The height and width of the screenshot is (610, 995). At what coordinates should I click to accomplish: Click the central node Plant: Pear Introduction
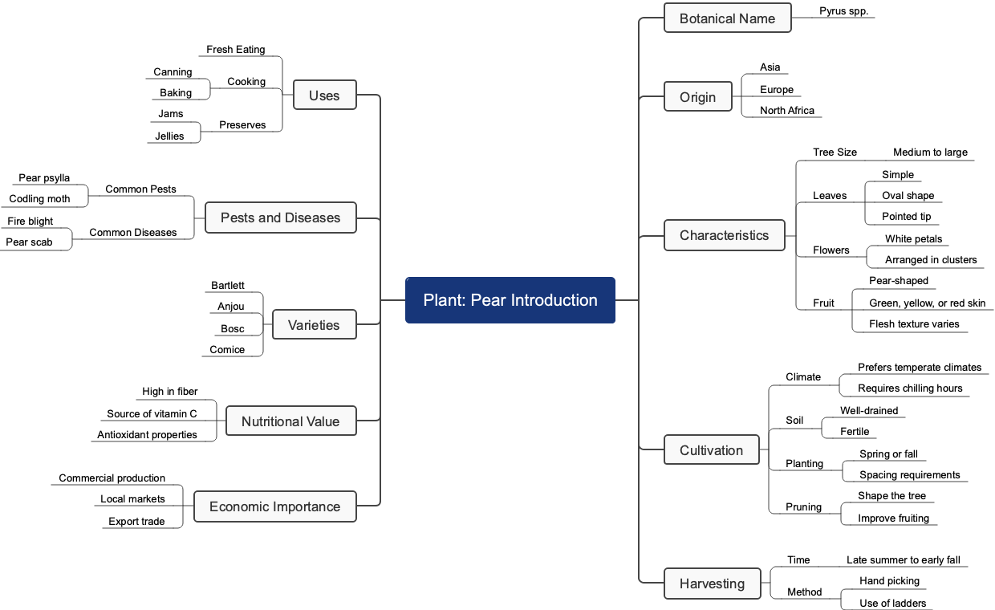click(x=510, y=300)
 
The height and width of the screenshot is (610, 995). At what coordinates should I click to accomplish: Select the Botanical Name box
click(x=727, y=18)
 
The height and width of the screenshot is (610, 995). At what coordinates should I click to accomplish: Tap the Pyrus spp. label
click(x=843, y=11)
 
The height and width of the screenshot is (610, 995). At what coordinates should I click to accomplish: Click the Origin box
click(x=697, y=97)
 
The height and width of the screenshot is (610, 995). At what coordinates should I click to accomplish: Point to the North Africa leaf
click(x=786, y=111)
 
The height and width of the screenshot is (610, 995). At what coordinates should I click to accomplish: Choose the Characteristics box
click(x=724, y=235)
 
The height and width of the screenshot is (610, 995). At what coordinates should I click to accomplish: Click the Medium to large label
click(x=930, y=152)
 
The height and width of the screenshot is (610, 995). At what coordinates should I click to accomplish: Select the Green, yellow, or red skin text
click(x=927, y=303)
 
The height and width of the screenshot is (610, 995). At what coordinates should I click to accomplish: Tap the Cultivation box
click(x=711, y=450)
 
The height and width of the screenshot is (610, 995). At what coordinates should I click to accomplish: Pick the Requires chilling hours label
click(x=910, y=388)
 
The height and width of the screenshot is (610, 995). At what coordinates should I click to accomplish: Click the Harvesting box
click(x=712, y=584)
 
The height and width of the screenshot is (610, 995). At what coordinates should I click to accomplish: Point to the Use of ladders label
click(x=892, y=604)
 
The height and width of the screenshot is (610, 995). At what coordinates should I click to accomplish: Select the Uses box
click(x=324, y=96)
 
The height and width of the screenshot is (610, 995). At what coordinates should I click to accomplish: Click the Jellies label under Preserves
click(x=169, y=136)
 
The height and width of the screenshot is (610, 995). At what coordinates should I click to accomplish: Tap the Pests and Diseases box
click(x=280, y=218)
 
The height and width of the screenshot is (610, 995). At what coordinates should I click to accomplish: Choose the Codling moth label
click(x=39, y=199)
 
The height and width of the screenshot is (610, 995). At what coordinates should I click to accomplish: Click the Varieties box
click(x=314, y=325)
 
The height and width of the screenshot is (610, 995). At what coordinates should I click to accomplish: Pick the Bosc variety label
click(x=233, y=329)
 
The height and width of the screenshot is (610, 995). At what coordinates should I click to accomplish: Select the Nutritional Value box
click(x=290, y=421)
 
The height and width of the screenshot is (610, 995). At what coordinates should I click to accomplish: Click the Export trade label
click(x=136, y=522)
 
